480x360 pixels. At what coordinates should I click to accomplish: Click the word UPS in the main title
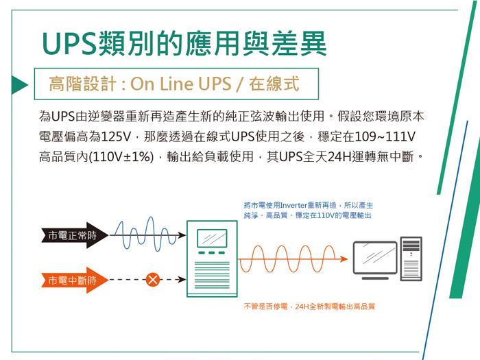[69, 42]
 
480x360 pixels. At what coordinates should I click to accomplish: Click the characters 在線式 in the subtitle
[274, 84]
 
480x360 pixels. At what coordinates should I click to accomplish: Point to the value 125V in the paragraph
[115, 136]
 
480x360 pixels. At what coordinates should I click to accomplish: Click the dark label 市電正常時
[69, 236]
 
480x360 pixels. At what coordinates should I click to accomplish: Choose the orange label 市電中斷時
[69, 280]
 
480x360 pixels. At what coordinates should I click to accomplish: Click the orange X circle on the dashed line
[153, 280]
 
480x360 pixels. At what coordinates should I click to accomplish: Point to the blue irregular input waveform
[145, 235]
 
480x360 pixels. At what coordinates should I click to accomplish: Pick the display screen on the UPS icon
[211, 239]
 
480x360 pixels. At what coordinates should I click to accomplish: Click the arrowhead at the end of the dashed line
[182, 280]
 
